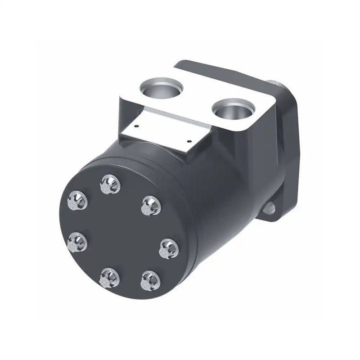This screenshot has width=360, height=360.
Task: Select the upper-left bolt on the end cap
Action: [x=77, y=200]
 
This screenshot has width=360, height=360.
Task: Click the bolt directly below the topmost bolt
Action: [x=109, y=278]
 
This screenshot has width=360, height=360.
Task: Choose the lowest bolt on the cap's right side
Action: [x=150, y=281]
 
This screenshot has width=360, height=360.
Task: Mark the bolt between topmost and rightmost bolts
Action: [x=151, y=205]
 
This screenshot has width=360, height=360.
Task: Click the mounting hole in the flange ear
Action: [x=270, y=208]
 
